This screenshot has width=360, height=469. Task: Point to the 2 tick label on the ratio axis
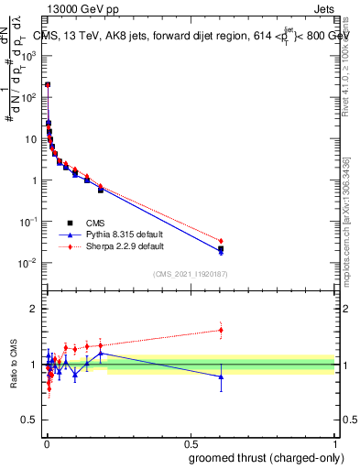(33, 309)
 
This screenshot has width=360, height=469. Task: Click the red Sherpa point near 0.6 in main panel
(221, 241)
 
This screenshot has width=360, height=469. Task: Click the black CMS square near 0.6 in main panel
(221, 248)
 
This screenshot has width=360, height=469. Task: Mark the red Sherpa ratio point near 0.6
(221, 330)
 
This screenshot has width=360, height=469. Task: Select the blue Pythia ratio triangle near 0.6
(221, 376)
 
